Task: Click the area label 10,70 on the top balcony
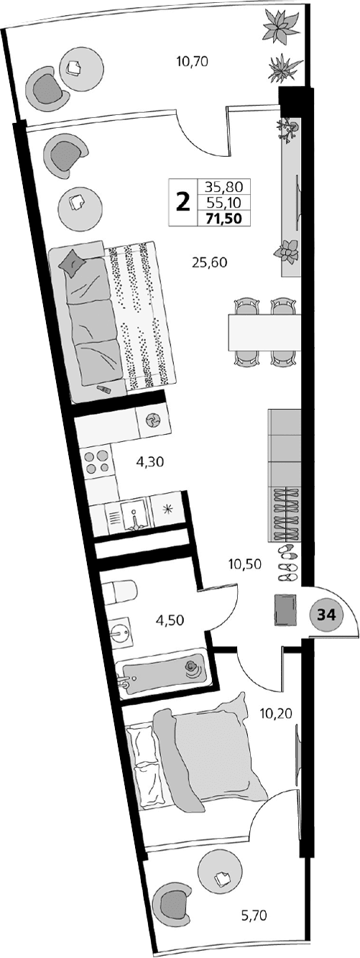click(x=192, y=62)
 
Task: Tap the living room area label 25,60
click(x=209, y=262)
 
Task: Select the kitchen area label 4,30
click(x=150, y=462)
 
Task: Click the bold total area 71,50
click(x=223, y=218)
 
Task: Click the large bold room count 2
click(x=183, y=201)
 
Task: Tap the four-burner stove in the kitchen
click(x=97, y=461)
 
